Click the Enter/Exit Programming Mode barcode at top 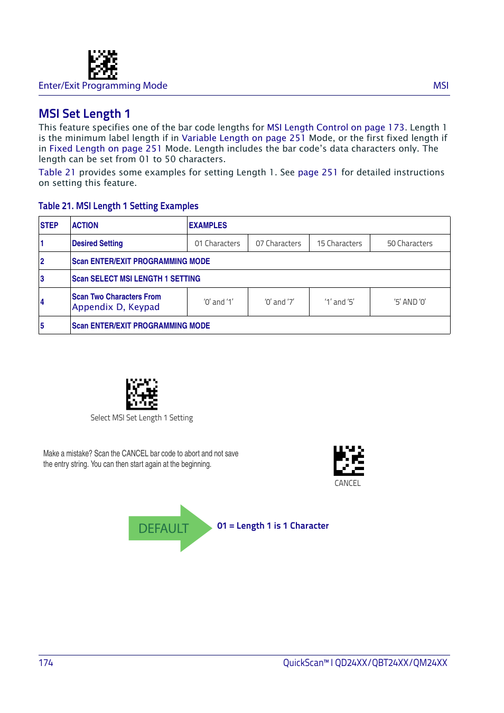(102, 64)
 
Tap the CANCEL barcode (349, 461)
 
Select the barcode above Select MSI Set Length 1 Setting (142, 394)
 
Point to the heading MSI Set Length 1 (85, 114)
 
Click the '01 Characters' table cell (217, 243)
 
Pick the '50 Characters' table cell (409, 243)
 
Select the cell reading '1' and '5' (339, 302)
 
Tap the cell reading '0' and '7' (279, 302)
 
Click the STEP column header (50, 226)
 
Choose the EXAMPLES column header (208, 226)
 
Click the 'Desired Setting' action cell (98, 243)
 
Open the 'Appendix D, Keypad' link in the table (116, 307)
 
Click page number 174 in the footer (46, 663)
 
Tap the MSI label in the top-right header (441, 86)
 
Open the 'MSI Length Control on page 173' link (335, 127)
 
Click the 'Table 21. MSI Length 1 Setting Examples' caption (118, 206)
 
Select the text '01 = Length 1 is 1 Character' (273, 526)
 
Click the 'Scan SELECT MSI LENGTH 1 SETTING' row (136, 279)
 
